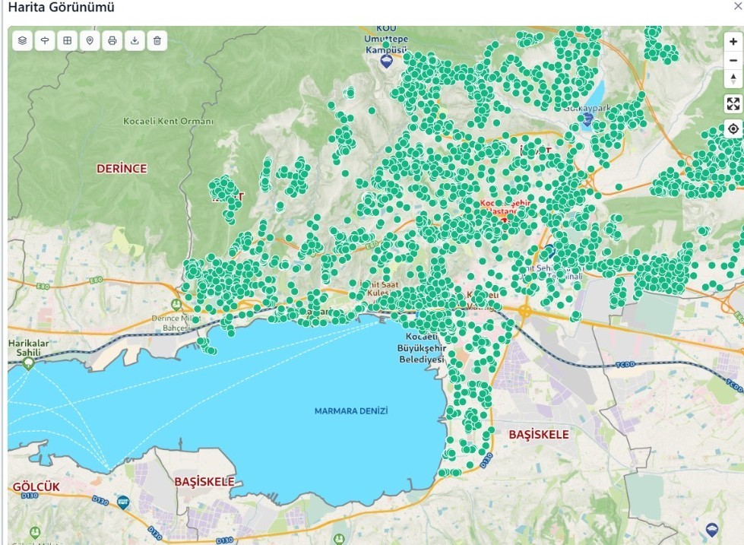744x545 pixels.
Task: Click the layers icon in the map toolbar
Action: pyautogui.click(x=23, y=40)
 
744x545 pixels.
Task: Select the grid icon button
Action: pyautogui.click(x=68, y=40)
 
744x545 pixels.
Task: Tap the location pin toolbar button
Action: pyautogui.click(x=90, y=40)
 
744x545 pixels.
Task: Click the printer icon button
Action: pyautogui.click(x=112, y=40)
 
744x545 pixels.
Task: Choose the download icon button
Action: pyautogui.click(x=135, y=40)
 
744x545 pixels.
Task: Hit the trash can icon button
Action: pyautogui.click(x=157, y=40)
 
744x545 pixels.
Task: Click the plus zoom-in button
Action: pyautogui.click(x=733, y=43)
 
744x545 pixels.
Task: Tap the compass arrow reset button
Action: pyautogui.click(x=733, y=78)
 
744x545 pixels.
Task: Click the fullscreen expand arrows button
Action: pyautogui.click(x=733, y=104)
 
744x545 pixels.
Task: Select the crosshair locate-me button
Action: pyautogui.click(x=733, y=128)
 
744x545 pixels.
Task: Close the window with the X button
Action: pyautogui.click(x=736, y=6)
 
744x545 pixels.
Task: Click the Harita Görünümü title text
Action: pyautogui.click(x=61, y=7)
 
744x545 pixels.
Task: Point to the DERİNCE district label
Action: pyautogui.click(x=122, y=169)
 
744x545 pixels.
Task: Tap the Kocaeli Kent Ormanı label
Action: pyautogui.click(x=168, y=121)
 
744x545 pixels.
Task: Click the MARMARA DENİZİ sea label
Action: pyautogui.click(x=351, y=410)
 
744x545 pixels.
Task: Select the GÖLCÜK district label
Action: pyautogui.click(x=36, y=486)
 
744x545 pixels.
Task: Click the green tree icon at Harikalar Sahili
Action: pyautogui.click(x=29, y=363)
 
